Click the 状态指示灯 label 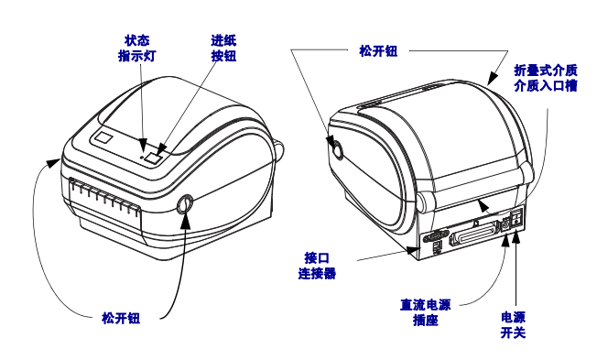[136, 49]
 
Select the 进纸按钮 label [223, 49]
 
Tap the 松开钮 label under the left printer [121, 318]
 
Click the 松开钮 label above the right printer [378, 50]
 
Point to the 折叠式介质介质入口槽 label [546, 78]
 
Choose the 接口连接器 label [317, 266]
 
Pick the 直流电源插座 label [425, 312]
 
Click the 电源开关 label [513, 325]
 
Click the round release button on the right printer [338, 149]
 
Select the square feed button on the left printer [154, 158]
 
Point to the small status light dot [143, 157]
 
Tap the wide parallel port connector [473, 234]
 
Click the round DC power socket [505, 225]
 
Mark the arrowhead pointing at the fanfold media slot [483, 206]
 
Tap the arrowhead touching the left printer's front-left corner [53, 163]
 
